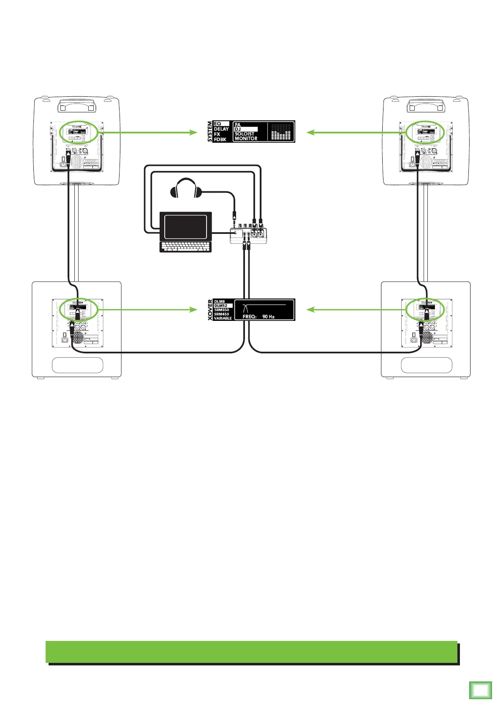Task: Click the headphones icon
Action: click(186, 189)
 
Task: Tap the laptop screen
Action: click(186, 227)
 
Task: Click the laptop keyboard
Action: click(185, 247)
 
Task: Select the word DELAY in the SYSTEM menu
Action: click(221, 129)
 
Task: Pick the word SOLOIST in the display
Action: click(245, 134)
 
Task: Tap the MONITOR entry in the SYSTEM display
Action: click(246, 138)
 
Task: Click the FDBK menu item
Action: click(220, 139)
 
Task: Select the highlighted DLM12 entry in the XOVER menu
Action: click(221, 306)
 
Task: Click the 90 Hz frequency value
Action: click(268, 316)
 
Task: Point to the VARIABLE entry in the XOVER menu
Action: click(223, 318)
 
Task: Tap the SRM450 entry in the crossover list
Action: click(221, 314)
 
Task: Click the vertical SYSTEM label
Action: click(210, 132)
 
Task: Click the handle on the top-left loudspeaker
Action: click(76, 104)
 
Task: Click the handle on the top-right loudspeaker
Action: click(426, 104)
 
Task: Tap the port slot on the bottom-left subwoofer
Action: click(77, 365)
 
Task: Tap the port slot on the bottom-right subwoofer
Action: click(426, 365)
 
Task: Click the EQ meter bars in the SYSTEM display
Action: click(280, 132)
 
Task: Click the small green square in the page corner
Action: click(481, 691)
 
